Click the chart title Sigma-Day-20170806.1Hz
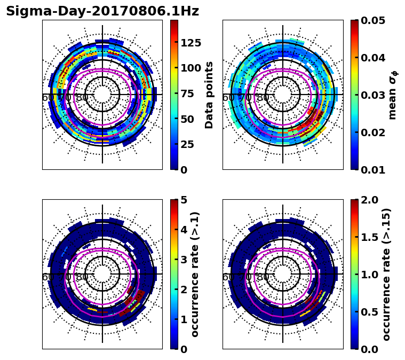point(102,11)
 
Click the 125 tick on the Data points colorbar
point(191,43)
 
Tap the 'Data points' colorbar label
point(209,95)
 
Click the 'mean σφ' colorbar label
point(392,95)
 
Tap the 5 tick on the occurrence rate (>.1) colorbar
point(184,200)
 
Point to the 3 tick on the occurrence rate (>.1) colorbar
point(184,260)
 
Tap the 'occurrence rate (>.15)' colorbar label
point(387,274)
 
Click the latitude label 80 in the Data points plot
point(82,98)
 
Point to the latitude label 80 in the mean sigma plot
point(263,98)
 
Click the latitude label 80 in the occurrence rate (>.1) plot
point(82,277)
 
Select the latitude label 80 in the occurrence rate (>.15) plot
point(263,277)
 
